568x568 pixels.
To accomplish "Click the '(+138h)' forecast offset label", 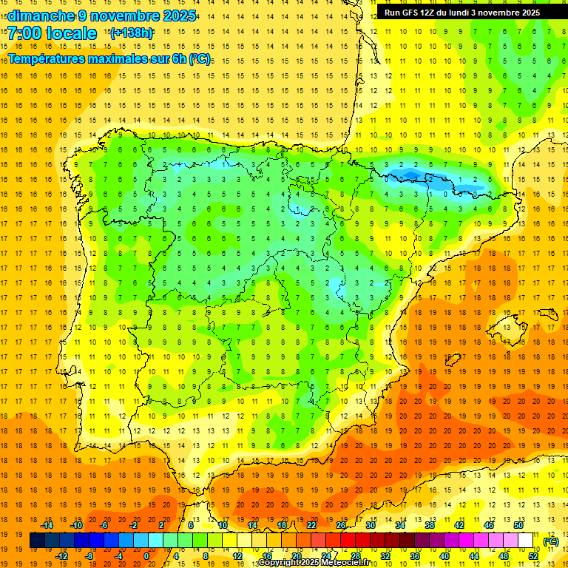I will (131, 33).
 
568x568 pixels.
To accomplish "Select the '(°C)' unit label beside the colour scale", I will (550, 541).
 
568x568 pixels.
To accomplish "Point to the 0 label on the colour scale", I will (146, 556).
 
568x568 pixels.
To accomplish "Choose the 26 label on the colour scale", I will (341, 525).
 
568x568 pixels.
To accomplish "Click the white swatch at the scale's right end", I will (525, 541).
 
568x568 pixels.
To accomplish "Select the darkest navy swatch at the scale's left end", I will (37, 541).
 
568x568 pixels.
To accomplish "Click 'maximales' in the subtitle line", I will (121, 58).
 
